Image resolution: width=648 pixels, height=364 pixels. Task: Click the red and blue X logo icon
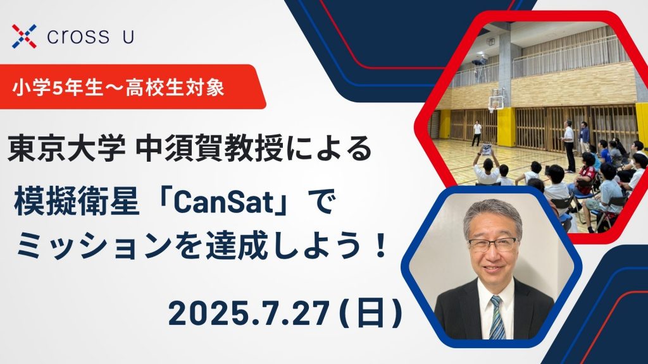(24, 36)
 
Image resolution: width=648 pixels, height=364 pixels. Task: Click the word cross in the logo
(78, 37)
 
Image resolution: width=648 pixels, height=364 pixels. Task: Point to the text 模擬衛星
(77, 203)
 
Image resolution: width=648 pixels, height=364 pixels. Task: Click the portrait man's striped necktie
(496, 317)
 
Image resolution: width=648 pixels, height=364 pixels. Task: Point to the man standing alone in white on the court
(477, 133)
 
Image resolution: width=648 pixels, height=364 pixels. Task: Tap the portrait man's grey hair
(492, 215)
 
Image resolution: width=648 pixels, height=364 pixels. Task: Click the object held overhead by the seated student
(487, 149)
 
